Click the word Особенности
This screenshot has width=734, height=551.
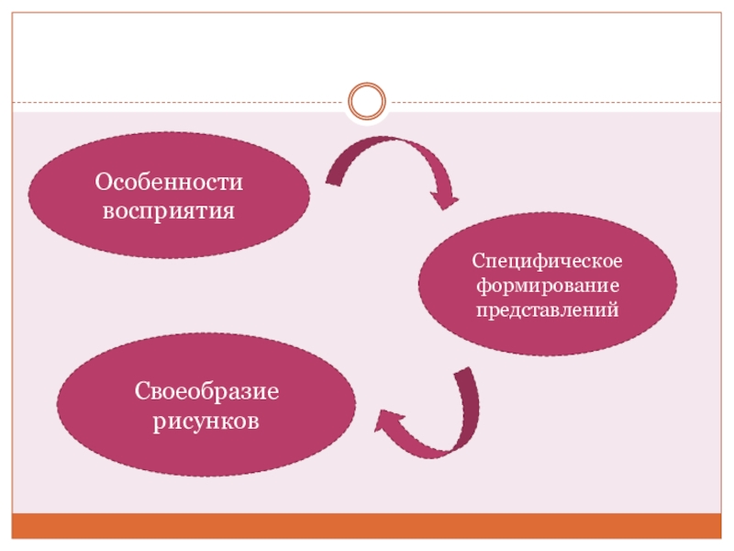click(170, 182)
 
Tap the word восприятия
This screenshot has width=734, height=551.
click(170, 210)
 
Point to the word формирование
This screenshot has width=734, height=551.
click(548, 285)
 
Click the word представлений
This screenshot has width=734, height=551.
click(548, 309)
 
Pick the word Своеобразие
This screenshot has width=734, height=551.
click(206, 392)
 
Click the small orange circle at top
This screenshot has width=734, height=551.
click(367, 101)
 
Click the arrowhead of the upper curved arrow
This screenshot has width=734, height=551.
click(444, 195)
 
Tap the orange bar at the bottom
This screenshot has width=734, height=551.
click(367, 525)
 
